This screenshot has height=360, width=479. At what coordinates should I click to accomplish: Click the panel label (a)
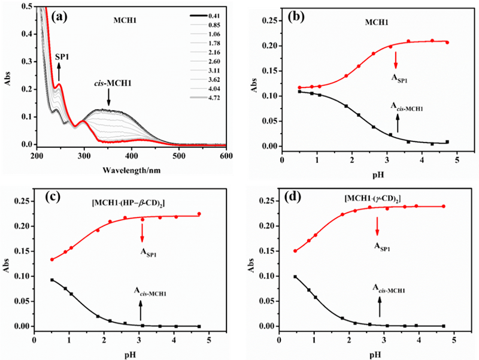60,16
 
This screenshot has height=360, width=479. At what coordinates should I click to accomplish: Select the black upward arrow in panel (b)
398,123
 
